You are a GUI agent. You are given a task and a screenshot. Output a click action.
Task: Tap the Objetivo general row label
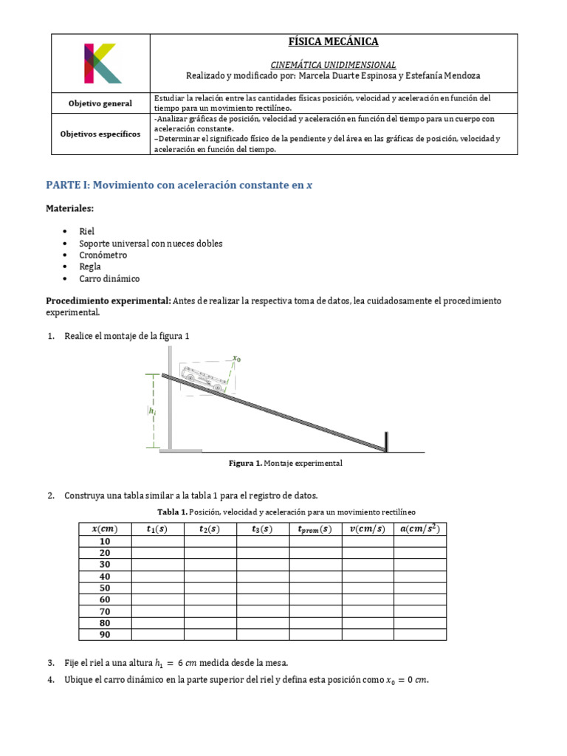point(100,103)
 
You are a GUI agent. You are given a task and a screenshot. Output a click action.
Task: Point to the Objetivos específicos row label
point(100,134)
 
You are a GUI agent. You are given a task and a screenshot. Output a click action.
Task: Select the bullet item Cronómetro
point(103,255)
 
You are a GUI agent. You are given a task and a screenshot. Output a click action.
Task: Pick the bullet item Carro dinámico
point(109,278)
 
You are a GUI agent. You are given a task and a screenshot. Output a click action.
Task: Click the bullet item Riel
point(87,231)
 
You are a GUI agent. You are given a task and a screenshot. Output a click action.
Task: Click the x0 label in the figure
point(237,358)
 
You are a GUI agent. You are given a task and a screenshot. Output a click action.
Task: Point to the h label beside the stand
point(153,412)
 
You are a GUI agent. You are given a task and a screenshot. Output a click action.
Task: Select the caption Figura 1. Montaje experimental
point(286,464)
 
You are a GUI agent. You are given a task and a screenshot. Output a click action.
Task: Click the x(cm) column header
point(105,529)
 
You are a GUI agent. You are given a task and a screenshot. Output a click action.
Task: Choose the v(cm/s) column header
point(367,529)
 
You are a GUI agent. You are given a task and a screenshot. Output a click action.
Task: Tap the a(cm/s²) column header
point(419,529)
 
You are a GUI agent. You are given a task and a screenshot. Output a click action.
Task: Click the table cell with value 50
point(105,588)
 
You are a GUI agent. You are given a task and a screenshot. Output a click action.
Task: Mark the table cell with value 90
point(105,634)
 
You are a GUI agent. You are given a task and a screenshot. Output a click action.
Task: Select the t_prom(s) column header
point(315,529)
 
